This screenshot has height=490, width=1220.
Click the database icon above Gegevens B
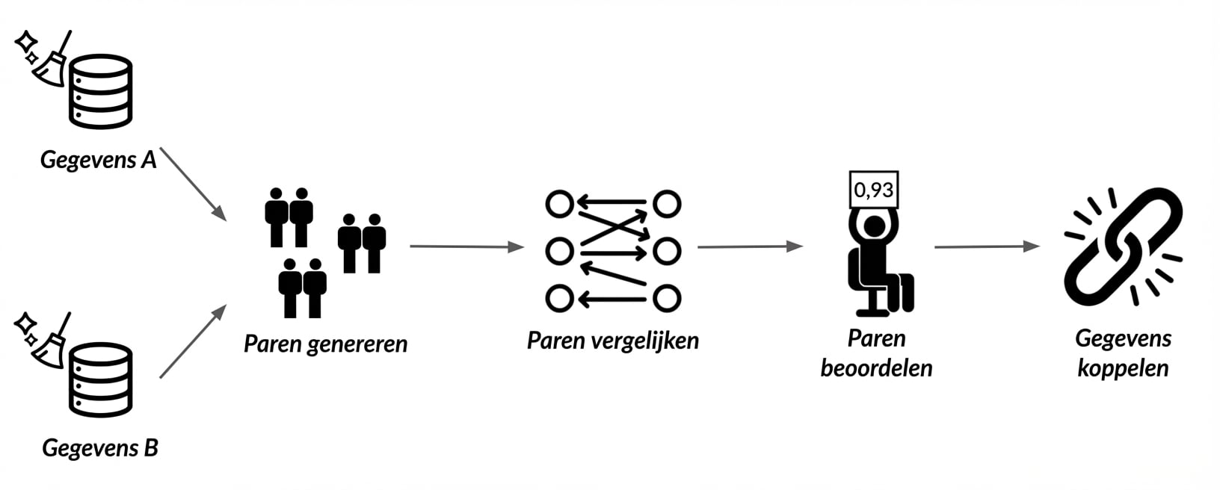click(101, 379)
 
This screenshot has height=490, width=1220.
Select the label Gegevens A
click(98, 160)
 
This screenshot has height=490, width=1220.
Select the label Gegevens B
click(100, 447)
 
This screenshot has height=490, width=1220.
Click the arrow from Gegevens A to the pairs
click(192, 183)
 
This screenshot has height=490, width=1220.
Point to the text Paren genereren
click(325, 344)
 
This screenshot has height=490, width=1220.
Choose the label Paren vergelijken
click(612, 341)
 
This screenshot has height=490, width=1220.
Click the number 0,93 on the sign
click(873, 190)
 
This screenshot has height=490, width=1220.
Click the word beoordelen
click(876, 368)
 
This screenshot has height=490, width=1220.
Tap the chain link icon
click(1123, 246)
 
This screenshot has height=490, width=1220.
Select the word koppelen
click(1123, 368)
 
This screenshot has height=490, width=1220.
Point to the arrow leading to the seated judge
click(749, 246)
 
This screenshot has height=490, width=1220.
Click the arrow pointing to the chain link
click(986, 246)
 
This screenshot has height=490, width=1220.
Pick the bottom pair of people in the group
click(303, 287)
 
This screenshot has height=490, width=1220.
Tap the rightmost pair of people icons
click(362, 243)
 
